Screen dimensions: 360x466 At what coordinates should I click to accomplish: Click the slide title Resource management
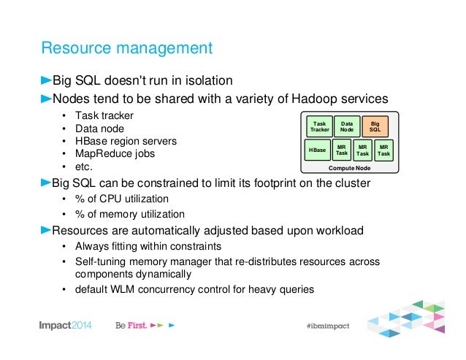(126, 49)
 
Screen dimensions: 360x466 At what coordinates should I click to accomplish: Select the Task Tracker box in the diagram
(319, 128)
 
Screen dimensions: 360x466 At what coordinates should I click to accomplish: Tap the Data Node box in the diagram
(347, 128)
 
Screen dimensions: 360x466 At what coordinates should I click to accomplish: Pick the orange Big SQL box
(375, 128)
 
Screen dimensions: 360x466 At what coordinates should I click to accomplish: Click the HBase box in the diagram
(316, 150)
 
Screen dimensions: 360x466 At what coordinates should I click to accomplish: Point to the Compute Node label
(348, 168)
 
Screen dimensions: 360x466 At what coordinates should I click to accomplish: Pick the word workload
(336, 231)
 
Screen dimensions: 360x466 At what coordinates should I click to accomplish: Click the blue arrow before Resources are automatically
(45, 230)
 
